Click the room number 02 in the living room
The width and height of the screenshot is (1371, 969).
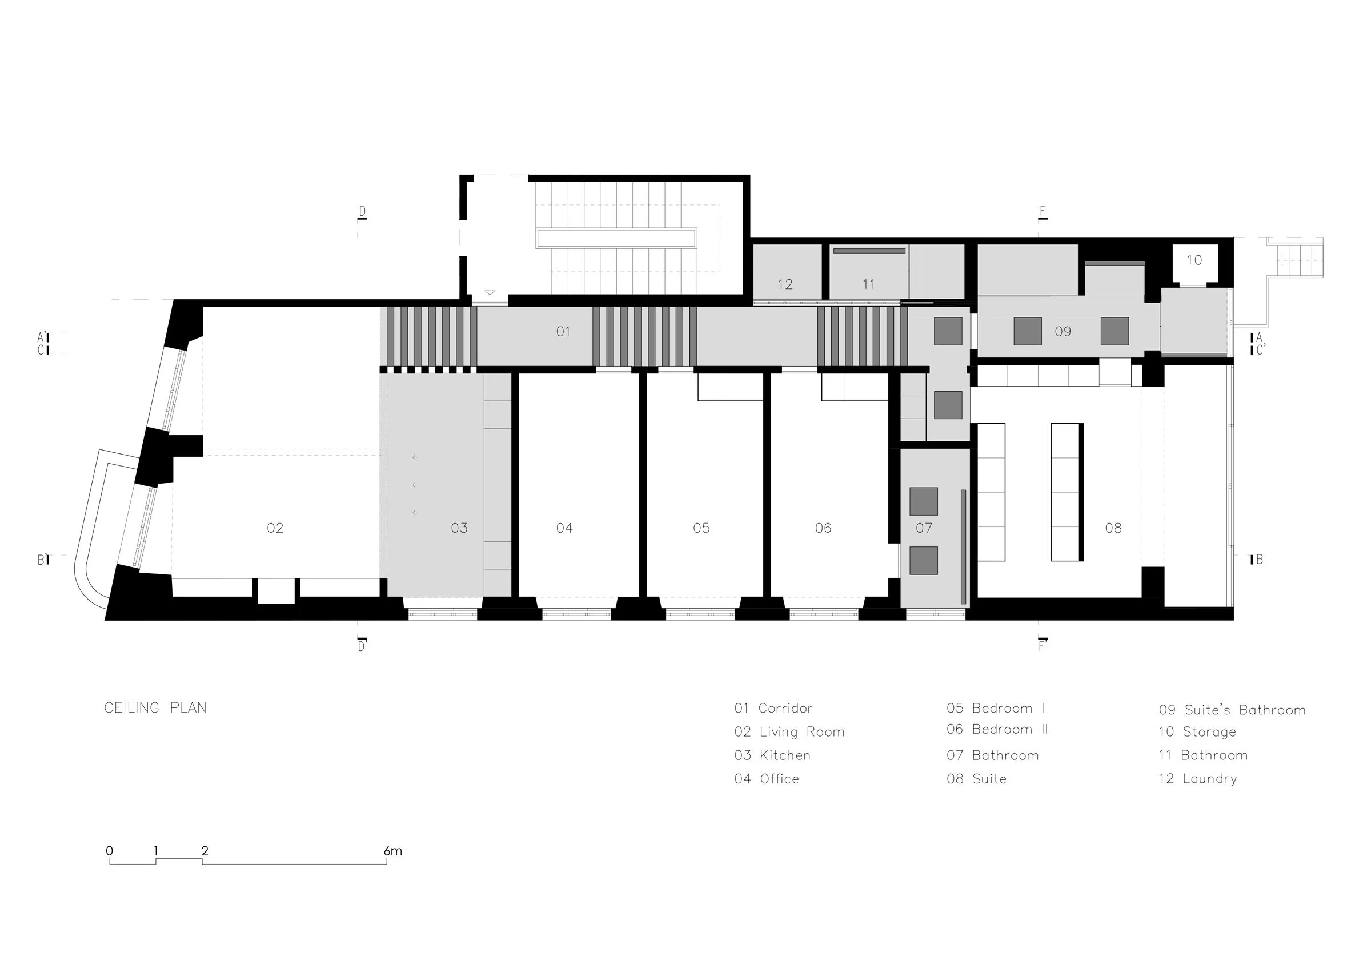275,528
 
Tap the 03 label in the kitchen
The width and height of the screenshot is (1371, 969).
459,528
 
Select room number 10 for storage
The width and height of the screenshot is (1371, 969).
1194,260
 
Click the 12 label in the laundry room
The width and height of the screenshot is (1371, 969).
785,285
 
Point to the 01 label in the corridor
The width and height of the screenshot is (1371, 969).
563,331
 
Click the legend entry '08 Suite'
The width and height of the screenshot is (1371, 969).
977,778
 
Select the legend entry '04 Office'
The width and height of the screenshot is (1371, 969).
767,778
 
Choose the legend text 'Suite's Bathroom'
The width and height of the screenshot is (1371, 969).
1245,710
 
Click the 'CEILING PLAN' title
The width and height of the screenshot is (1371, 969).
155,708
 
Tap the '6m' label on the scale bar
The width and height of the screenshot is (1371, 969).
393,851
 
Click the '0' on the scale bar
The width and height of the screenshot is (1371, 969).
109,851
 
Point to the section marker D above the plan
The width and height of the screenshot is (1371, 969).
362,212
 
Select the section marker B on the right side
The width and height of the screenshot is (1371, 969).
1258,560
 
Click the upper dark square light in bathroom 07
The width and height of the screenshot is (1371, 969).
924,501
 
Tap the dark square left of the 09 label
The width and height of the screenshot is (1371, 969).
1028,331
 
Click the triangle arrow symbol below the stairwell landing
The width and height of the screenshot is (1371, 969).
490,292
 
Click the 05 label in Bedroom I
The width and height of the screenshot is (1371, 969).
701,528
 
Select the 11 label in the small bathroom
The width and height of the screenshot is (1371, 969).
869,285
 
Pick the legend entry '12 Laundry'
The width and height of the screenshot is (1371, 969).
1198,778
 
